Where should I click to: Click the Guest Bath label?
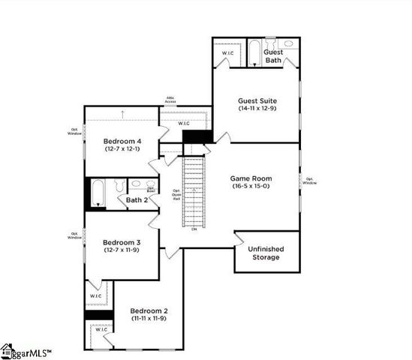tap(272, 55)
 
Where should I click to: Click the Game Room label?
tap(251, 178)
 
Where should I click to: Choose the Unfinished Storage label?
tap(266, 253)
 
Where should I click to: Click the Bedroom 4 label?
tap(121, 140)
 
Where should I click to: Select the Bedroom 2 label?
tap(148, 310)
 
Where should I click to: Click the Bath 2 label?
tap(137, 200)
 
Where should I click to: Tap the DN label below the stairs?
tap(194, 229)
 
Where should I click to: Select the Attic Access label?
tap(172, 100)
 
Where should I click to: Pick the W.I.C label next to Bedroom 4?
tap(184, 123)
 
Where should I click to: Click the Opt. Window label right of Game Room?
tap(309, 181)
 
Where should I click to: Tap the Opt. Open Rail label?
tap(176, 196)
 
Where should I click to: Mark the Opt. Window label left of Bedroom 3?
tap(74, 235)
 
